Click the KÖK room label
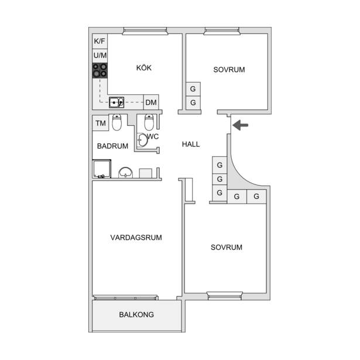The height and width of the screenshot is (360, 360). tap(144, 68)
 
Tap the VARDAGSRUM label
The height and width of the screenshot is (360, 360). tap(136, 238)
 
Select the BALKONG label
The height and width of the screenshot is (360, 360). tap(136, 314)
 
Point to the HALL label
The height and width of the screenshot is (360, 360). tap(191, 144)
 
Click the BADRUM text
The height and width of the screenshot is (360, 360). tap(112, 146)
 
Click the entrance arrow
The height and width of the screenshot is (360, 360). tap(240, 125)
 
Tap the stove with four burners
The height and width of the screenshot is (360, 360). tap(100, 70)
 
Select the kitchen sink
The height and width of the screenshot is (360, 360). tap(116, 102)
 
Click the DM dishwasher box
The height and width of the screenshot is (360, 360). tap(151, 102)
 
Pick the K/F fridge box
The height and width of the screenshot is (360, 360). tap(100, 41)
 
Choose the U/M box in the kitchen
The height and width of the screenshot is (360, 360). tap(100, 56)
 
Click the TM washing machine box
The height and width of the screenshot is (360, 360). tap(101, 123)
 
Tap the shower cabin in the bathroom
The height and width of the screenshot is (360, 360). tap(102, 169)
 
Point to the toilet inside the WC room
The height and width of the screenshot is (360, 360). tap(149, 122)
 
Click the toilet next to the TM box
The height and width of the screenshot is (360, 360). tap(116, 122)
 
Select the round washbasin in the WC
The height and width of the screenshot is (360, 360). tap(142, 140)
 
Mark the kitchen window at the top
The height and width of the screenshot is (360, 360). tap(145, 31)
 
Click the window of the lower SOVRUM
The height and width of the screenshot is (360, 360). tap(225, 296)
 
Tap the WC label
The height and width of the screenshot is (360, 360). tap(153, 136)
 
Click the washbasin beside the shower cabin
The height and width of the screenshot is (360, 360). tap(125, 173)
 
